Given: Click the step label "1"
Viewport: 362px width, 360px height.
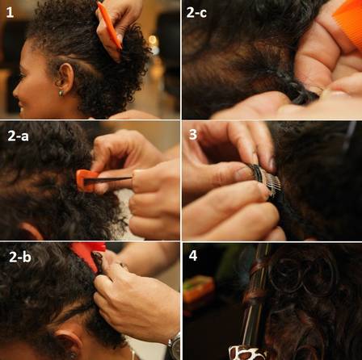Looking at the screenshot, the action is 10,13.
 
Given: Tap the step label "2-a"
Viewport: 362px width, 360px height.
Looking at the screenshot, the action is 18,136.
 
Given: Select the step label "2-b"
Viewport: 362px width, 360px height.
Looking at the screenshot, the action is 20,257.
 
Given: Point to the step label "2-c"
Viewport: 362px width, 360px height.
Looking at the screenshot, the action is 196,13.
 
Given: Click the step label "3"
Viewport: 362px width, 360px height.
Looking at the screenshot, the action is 193,134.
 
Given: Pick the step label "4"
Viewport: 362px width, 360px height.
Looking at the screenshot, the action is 193,256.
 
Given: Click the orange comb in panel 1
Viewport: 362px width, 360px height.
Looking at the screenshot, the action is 109,25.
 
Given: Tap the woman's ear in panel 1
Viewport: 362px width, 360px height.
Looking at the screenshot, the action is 65,78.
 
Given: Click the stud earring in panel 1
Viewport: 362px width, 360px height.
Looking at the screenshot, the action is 61,93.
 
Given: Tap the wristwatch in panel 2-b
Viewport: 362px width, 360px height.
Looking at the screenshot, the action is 174,346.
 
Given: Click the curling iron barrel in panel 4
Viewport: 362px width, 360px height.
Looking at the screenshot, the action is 256,296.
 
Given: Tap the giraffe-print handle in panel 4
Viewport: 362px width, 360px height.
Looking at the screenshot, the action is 246,353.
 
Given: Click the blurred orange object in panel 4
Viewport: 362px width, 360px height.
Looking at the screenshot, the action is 198,289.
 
